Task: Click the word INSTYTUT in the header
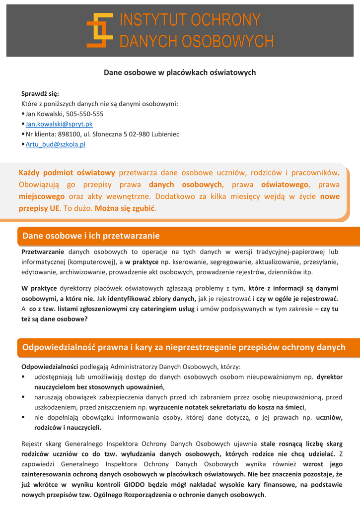(148, 21)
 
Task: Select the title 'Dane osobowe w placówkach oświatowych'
(180, 73)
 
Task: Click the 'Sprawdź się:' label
(40, 93)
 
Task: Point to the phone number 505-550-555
(85, 114)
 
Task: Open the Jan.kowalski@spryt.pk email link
(59, 124)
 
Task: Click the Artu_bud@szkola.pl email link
(56, 144)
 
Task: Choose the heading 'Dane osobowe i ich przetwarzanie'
(91, 236)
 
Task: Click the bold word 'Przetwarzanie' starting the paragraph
(43, 252)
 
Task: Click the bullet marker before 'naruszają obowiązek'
(23, 397)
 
